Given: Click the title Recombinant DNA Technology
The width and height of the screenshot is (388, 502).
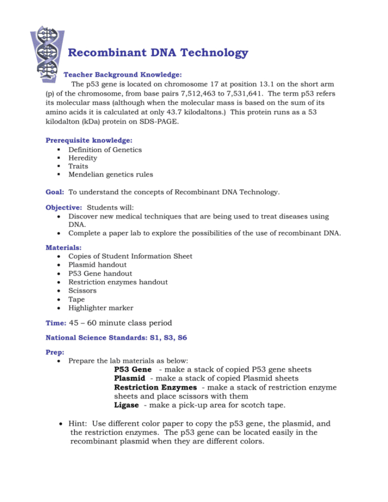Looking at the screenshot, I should pyautogui.click(x=158, y=53).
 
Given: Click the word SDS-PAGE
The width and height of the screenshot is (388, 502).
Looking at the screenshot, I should pyautogui.click(x=163, y=121).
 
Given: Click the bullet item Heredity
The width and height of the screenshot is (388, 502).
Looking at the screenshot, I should pyautogui.click(x=83, y=158).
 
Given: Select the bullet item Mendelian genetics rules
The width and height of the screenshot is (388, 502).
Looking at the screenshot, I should pyautogui.click(x=110, y=174).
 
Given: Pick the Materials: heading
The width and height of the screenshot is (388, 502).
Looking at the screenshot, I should pyautogui.click(x=64, y=248).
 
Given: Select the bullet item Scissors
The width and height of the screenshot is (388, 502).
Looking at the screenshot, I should pyautogui.click(x=83, y=290).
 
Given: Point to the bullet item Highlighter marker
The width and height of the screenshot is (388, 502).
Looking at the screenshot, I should pyautogui.click(x=101, y=307).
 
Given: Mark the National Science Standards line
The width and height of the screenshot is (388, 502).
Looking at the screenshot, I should pyautogui.click(x=116, y=338).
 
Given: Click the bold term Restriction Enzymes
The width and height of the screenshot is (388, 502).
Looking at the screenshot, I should pyautogui.click(x=155, y=387).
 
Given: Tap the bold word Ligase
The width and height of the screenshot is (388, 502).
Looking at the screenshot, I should pyautogui.click(x=127, y=405).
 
